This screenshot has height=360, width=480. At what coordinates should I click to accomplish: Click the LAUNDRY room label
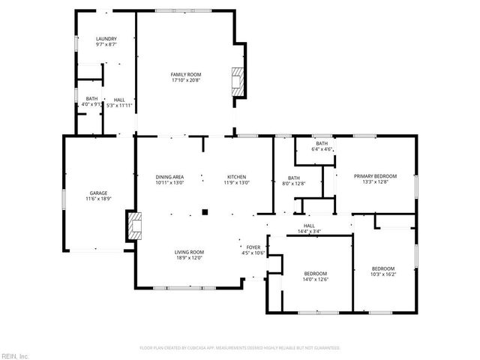point(105,39)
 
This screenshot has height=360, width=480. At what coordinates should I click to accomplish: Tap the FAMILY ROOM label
point(186,74)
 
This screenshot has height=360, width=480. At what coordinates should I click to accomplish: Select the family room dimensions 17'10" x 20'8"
point(186,80)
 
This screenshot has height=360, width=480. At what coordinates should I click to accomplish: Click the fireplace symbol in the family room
point(238,80)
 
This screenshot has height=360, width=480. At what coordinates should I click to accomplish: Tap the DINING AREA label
point(169,176)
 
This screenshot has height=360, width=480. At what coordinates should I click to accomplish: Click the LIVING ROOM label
point(190,252)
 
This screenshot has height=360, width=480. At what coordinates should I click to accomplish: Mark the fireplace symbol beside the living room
point(133,225)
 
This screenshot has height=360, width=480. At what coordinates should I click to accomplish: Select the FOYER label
point(253,247)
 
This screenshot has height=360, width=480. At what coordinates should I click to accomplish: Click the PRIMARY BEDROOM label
point(375,175)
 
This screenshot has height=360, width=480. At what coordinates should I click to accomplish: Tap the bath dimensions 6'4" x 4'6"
point(322,149)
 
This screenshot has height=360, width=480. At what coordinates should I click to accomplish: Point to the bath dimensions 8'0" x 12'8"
point(295,182)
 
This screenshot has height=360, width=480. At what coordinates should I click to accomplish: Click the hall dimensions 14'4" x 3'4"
point(308,231)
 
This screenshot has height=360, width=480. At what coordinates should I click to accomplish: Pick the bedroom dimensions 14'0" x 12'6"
point(316,279)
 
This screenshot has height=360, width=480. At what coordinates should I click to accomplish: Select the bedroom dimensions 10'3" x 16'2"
point(383,274)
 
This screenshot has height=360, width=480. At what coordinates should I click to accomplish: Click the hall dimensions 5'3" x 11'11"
point(120,104)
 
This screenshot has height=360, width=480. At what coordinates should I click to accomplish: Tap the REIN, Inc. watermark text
point(14,355)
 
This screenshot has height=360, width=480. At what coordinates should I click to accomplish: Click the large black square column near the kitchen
point(203,212)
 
